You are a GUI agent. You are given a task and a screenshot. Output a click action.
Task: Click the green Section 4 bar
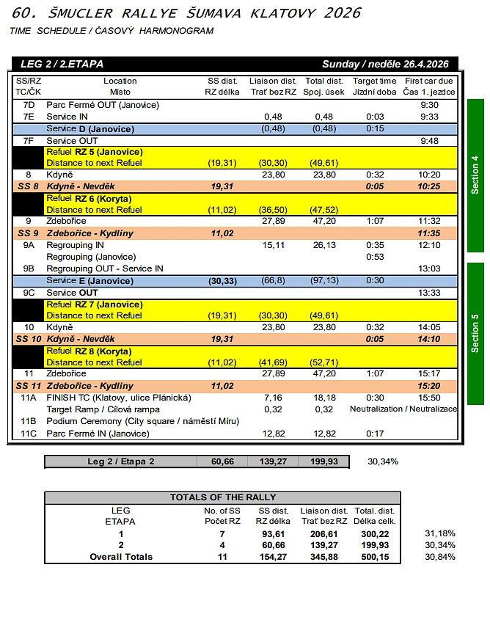coord(475,175)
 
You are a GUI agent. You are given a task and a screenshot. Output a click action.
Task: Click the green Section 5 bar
coord(475,333)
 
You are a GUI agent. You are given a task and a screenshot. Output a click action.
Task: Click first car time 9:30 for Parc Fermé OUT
coord(430,105)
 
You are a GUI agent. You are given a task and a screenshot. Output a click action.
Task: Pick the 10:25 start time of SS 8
coord(430,186)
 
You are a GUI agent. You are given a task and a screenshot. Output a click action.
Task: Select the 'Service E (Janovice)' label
coord(89,280)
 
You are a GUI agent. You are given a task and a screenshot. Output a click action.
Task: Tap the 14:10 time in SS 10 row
coord(430,339)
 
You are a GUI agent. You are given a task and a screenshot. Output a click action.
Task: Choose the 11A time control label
coord(29,398)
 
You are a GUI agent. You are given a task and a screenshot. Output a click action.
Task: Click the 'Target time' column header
coord(374,81)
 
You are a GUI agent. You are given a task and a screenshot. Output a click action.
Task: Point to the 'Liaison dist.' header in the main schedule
coord(273,81)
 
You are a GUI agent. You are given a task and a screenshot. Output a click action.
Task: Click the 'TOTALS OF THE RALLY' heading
coord(223,497)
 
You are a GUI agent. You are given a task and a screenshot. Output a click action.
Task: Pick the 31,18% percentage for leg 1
coord(440,533)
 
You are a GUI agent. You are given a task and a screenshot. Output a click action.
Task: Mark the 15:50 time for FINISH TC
coord(430,398)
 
